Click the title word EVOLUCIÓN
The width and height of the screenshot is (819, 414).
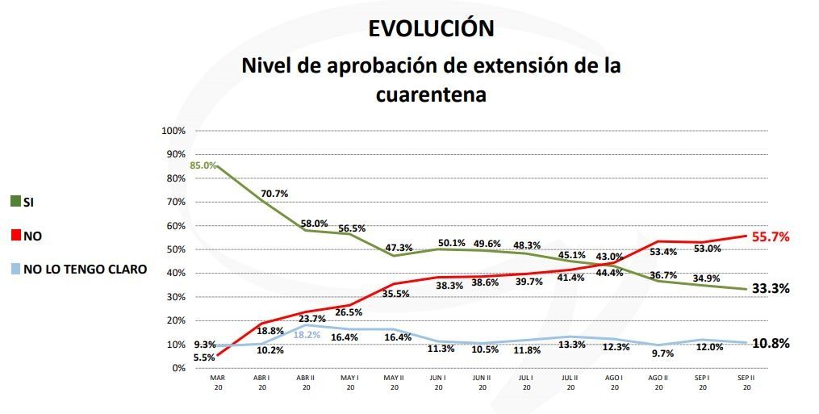pos(431,28)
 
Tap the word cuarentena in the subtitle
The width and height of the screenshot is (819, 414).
pos(431,94)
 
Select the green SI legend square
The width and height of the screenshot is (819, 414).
pos(15,201)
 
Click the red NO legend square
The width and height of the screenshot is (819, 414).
pos(15,236)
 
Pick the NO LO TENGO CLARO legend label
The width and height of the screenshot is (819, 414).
pos(85,270)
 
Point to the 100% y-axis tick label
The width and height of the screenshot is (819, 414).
pos(173,131)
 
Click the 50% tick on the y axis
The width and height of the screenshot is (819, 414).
pos(175,249)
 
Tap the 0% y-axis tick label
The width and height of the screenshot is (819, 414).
pos(178,368)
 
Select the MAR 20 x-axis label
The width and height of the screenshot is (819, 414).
pos(217,382)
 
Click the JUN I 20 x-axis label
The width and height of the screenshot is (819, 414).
pos(437,382)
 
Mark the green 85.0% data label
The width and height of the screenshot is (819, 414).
pos(203,165)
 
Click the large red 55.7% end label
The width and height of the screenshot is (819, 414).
pos(771,237)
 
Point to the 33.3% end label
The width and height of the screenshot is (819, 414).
pos(771,288)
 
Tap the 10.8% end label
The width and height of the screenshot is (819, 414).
pos(771,343)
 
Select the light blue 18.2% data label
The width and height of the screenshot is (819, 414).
pos(307,334)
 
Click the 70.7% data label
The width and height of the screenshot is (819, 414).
pos(273,194)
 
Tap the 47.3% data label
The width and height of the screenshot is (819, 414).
pos(395,247)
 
